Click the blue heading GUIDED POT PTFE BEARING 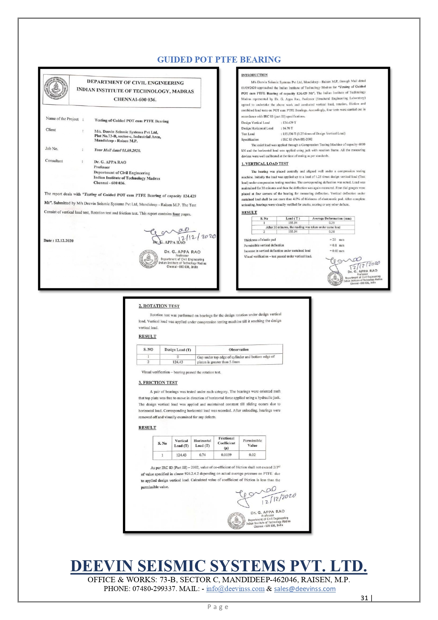point(219,60)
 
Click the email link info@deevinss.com point(235,589)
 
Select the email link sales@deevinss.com point(304,589)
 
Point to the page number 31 point(364,598)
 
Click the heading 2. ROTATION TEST point(159,306)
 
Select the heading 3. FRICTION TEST point(158,382)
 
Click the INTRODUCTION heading point(254,75)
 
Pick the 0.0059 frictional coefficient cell point(226,455)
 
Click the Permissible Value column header point(252,443)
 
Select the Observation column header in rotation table point(238,349)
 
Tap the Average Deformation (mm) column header point(331,218)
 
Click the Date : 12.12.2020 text point(59,241)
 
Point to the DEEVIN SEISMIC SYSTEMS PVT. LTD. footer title point(219,566)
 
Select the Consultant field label point(54,161)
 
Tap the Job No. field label point(52,149)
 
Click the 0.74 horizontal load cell point(202,455)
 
